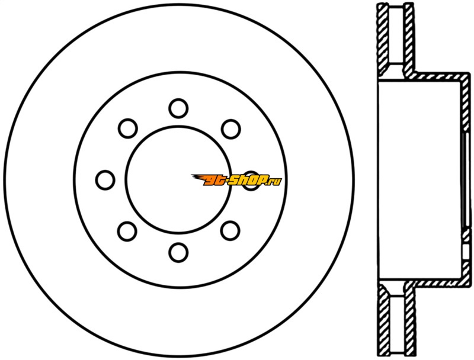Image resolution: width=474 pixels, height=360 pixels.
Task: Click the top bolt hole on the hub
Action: click(178, 108)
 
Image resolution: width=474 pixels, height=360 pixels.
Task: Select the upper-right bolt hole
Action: click(230, 129)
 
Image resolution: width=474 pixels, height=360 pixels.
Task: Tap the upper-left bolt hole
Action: click(127, 128)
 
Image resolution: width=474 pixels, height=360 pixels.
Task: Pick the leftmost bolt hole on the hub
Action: click(105, 180)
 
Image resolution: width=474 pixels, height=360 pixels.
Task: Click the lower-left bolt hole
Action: click(127, 232)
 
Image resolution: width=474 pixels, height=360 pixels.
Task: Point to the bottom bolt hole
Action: click(178, 252)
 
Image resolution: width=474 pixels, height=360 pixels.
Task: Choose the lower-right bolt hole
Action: click(230, 231)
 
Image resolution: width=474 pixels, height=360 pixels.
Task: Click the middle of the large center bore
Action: click(178, 180)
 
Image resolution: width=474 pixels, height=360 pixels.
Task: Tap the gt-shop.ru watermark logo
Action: click(236, 180)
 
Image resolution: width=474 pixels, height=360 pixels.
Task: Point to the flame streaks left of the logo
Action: click(200, 178)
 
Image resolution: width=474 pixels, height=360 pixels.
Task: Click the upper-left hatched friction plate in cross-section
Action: click(383, 39)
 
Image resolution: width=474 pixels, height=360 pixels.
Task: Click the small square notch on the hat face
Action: click(466, 250)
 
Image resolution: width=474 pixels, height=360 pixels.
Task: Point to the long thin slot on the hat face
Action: click(465, 181)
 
